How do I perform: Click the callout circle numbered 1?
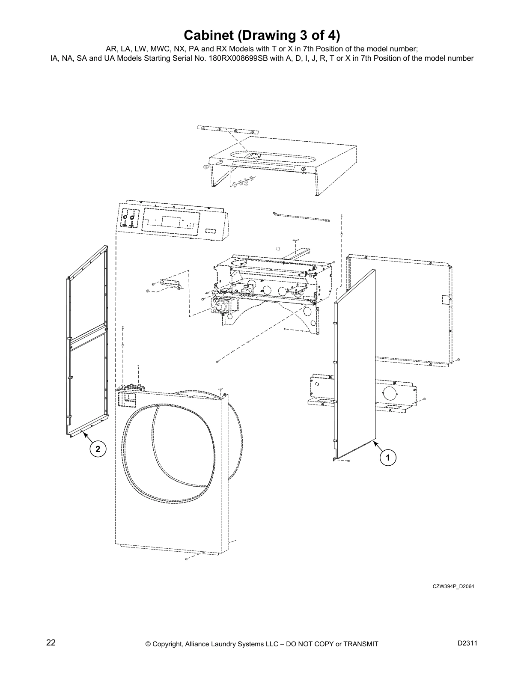(388, 458)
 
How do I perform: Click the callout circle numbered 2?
(98, 449)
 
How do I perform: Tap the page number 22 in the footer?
(51, 643)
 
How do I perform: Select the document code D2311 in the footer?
(467, 643)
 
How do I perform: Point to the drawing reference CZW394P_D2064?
(453, 586)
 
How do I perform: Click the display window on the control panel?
(170, 221)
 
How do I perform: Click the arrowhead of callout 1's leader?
(374, 442)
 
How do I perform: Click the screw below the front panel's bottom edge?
(187, 559)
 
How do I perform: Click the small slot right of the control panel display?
(211, 231)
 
